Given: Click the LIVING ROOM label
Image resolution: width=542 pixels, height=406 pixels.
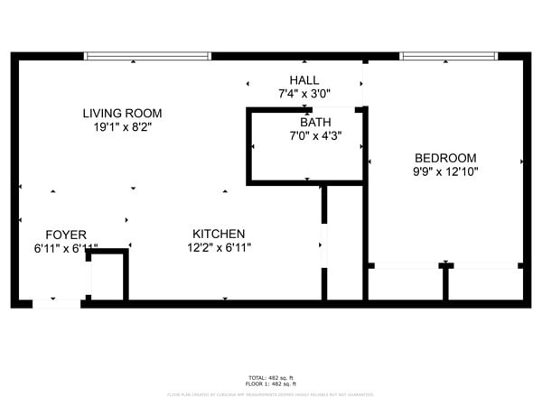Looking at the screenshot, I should (x=122, y=114).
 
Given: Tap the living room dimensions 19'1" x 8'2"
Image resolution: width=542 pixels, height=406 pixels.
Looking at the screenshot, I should (x=122, y=128).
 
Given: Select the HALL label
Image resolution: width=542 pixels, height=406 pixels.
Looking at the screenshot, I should (x=304, y=80).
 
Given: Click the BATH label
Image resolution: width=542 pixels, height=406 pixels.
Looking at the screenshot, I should (x=315, y=122).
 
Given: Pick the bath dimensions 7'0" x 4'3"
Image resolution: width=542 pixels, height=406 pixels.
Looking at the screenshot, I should (x=315, y=136).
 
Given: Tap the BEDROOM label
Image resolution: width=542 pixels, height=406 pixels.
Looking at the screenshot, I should (x=445, y=157).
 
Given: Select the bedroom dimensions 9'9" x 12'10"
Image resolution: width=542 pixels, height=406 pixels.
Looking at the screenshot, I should (x=445, y=171).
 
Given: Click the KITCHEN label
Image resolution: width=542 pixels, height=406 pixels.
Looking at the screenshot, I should (x=219, y=234).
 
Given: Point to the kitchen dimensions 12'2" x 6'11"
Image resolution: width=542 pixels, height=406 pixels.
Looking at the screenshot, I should (x=219, y=247).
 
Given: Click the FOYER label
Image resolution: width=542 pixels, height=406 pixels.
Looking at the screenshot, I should (x=66, y=235).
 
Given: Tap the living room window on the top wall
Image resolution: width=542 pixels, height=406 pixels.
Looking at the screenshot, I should (x=147, y=56).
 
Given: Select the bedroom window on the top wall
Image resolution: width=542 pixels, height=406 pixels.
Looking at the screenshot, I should (x=448, y=56).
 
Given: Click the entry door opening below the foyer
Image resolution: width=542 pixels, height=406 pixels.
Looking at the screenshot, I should (x=56, y=303).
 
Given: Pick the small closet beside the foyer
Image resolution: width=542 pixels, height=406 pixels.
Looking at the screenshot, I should (x=107, y=279).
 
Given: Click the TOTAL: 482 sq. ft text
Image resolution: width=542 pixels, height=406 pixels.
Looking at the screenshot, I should (x=271, y=377).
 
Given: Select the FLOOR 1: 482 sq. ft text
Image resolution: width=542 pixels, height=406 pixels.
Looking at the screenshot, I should (x=271, y=383).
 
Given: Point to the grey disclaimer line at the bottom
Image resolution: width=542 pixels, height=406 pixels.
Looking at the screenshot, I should (x=271, y=394).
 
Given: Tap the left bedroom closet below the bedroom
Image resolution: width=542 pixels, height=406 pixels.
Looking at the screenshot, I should (x=406, y=283).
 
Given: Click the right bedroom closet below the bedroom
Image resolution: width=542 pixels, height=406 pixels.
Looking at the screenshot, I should (x=486, y=283).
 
